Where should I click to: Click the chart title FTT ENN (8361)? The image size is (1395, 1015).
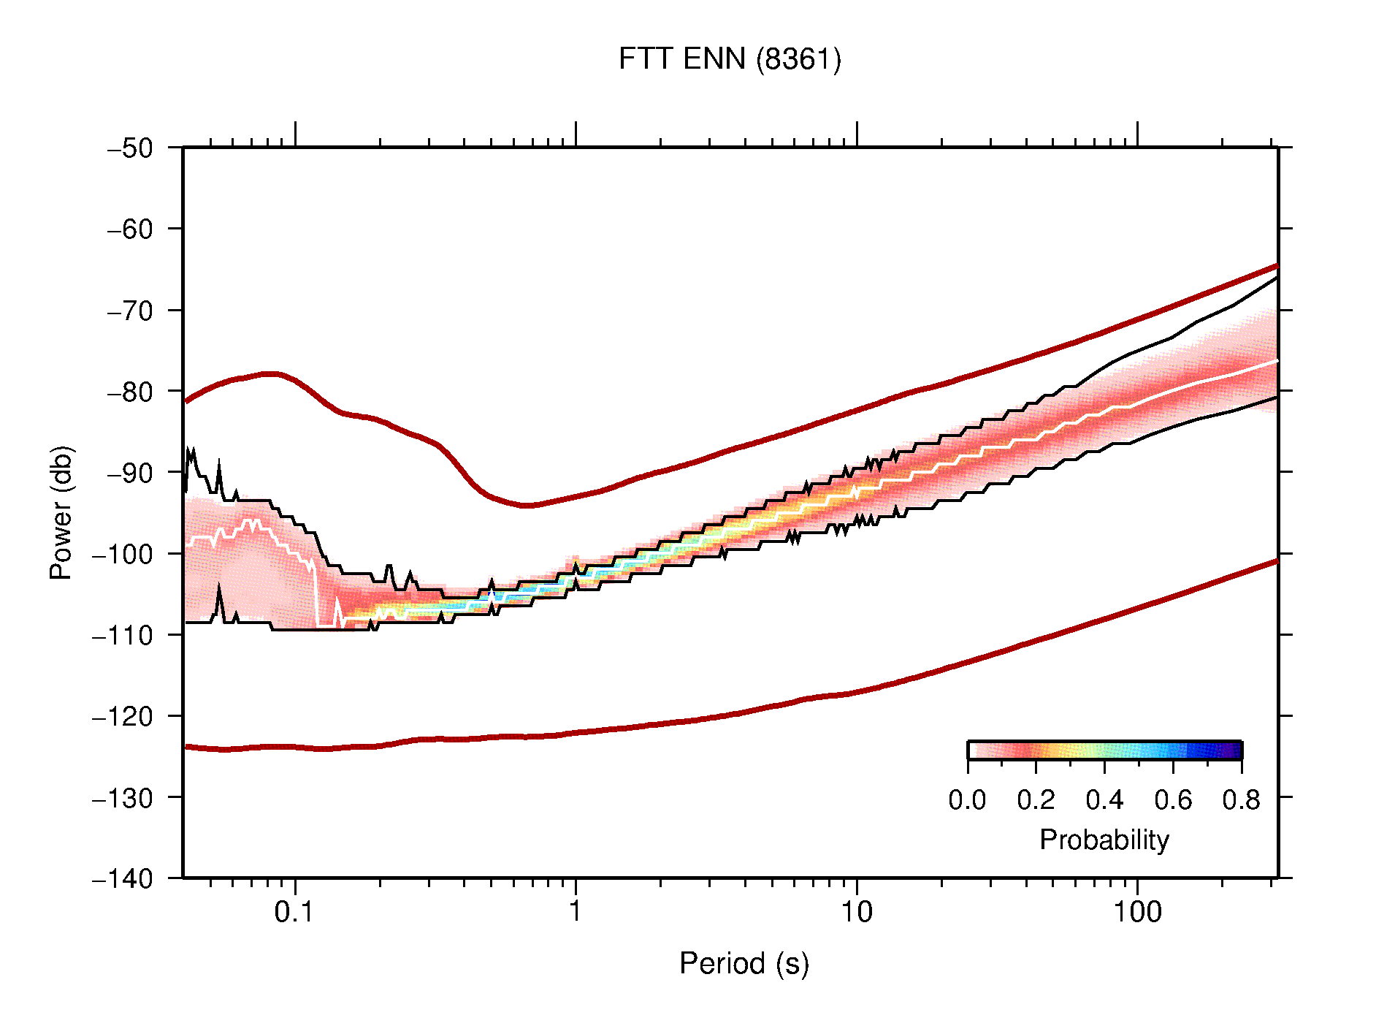pyautogui.click(x=729, y=59)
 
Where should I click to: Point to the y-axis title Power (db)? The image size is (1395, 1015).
pyautogui.click(x=61, y=512)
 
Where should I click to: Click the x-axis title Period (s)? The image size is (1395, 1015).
pyautogui.click(x=744, y=963)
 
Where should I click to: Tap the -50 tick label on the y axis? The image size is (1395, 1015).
pyautogui.click(x=130, y=148)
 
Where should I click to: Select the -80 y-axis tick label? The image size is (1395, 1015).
pyautogui.click(x=130, y=392)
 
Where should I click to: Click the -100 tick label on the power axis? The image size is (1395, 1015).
pyautogui.click(x=123, y=554)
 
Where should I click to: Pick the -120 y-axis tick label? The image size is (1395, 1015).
pyautogui.click(x=123, y=716)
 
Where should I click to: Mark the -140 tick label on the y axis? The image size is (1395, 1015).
pyautogui.click(x=123, y=878)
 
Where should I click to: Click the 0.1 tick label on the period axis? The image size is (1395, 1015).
pyautogui.click(x=294, y=912)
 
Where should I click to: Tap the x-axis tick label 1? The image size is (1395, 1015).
pyautogui.click(x=576, y=912)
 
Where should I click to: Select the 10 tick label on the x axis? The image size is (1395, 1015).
pyautogui.click(x=856, y=912)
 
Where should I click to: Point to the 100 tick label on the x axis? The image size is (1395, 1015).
pyautogui.click(x=1136, y=912)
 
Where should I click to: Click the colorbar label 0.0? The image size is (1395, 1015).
pyautogui.click(x=967, y=800)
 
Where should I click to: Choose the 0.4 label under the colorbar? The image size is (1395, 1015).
pyautogui.click(x=1104, y=800)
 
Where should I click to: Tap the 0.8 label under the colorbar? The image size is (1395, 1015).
pyautogui.click(x=1241, y=800)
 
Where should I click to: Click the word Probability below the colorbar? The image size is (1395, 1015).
pyautogui.click(x=1104, y=840)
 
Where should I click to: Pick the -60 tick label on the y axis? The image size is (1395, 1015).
pyautogui.click(x=130, y=229)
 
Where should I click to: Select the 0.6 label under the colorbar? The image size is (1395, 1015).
pyautogui.click(x=1173, y=800)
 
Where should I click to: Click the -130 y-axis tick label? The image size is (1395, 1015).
pyautogui.click(x=123, y=797)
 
